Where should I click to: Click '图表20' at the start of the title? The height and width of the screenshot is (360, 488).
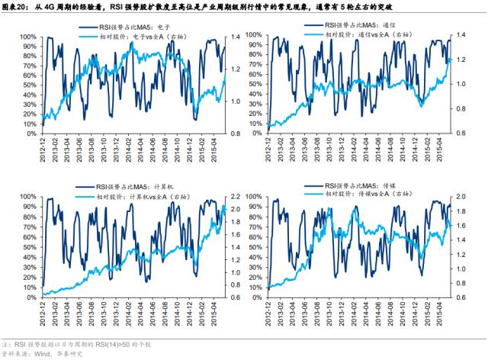coord(15,6)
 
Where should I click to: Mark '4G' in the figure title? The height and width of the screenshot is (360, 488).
coord(48,6)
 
